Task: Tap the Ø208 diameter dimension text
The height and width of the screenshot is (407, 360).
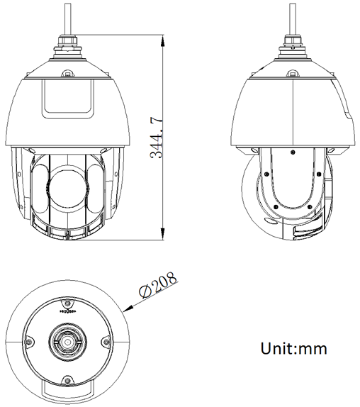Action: point(157,286)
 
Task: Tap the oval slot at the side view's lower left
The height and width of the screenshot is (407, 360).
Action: point(271,221)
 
